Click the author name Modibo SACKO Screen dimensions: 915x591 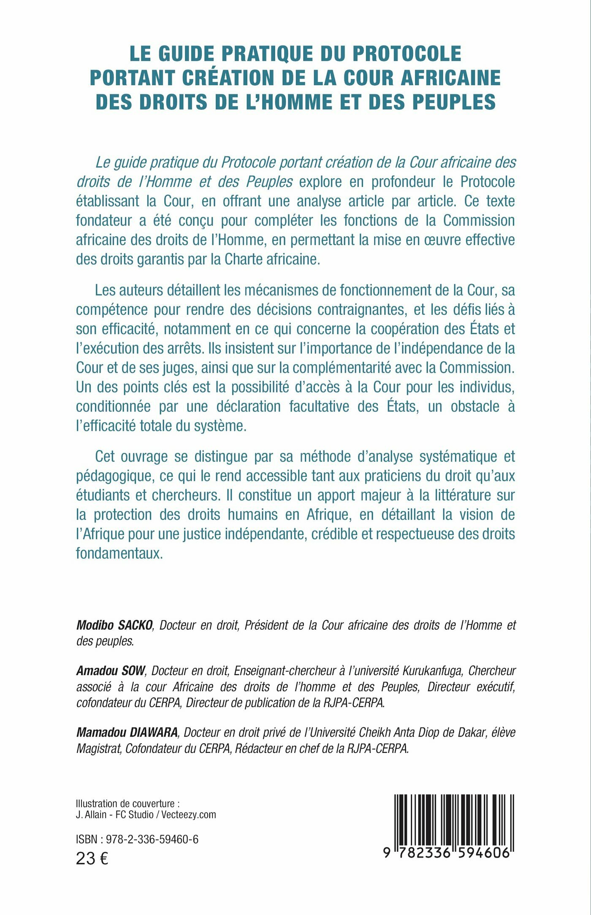pos(114,625)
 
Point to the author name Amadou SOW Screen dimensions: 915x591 pos(111,671)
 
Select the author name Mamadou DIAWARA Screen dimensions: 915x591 pos(127,732)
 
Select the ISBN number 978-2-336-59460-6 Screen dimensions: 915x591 pos(152,839)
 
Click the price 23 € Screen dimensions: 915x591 pos(92,858)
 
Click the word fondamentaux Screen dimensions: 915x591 pos(119,553)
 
